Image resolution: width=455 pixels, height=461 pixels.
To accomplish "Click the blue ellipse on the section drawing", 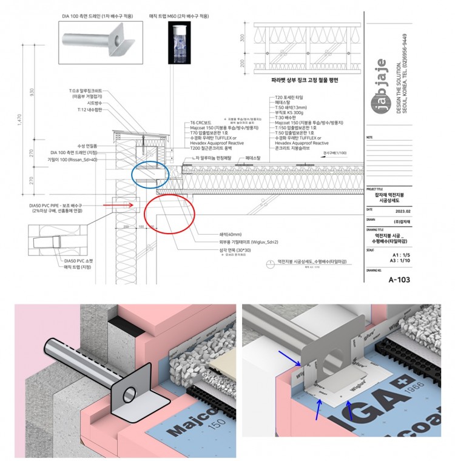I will tap(150, 175).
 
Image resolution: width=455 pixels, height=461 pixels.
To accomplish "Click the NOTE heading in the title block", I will tap(371, 138).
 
